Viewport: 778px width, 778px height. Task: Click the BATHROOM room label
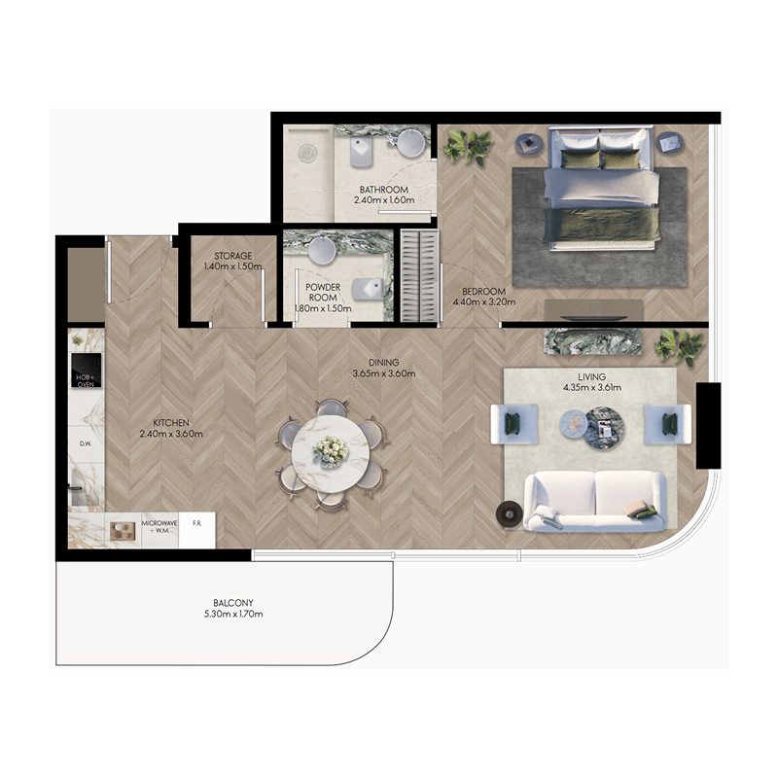pos(383,190)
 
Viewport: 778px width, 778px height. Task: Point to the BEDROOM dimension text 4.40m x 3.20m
pos(483,302)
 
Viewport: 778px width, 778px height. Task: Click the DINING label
pos(383,361)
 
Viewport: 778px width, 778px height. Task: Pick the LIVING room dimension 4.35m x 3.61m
pos(590,388)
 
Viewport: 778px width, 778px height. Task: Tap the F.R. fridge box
pos(196,524)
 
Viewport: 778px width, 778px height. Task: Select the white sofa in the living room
pos(594,500)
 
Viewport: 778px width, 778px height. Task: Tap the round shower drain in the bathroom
pos(308,154)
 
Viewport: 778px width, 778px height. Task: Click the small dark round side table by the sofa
pos(509,513)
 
